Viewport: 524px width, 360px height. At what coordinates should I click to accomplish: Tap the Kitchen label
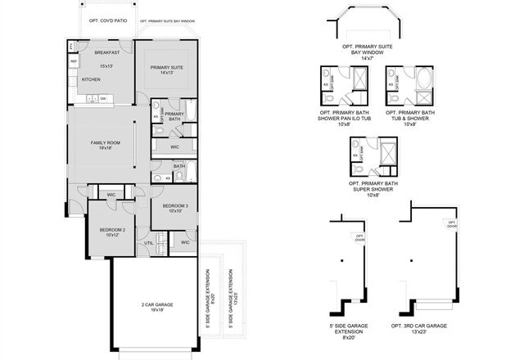point(91,80)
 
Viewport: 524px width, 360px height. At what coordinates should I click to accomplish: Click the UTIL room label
point(149,243)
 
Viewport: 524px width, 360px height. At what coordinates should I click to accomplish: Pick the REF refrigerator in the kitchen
point(73,62)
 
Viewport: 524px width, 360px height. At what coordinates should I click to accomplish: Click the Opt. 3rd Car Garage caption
point(424,326)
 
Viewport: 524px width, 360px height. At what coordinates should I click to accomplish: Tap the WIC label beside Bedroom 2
point(111,195)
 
